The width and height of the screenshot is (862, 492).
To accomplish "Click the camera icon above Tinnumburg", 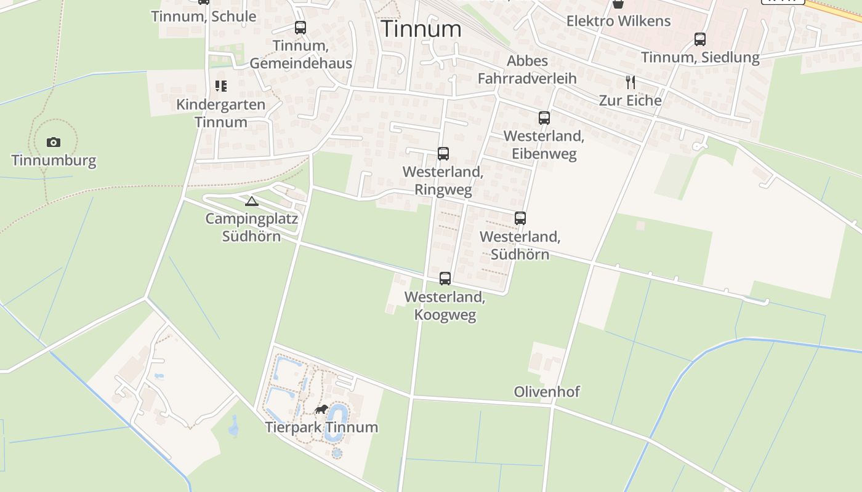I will click(x=54, y=143).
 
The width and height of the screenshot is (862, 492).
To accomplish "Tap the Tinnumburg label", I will click(x=54, y=161).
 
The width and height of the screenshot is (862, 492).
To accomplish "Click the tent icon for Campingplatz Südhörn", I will click(x=251, y=201).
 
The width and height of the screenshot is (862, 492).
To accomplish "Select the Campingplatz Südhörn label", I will click(x=251, y=228).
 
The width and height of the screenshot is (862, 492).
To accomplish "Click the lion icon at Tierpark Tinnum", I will click(x=321, y=410).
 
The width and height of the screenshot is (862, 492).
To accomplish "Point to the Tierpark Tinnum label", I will click(x=321, y=427).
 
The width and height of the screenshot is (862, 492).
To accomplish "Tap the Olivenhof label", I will click(x=547, y=392).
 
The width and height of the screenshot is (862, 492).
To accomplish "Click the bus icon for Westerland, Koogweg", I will click(x=445, y=279).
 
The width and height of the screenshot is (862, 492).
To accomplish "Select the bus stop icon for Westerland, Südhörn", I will click(x=520, y=218).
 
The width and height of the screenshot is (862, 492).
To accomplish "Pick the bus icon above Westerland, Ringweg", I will click(x=443, y=154).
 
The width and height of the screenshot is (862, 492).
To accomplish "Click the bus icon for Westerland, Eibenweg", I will click(x=544, y=118).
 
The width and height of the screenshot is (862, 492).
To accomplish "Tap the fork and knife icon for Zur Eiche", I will click(x=630, y=82).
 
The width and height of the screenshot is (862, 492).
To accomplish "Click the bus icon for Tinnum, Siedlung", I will click(x=700, y=39).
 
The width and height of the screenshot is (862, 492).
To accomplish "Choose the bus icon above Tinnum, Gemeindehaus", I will click(x=300, y=28).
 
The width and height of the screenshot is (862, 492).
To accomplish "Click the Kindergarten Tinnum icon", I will click(x=220, y=86).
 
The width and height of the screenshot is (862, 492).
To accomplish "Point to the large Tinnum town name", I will click(x=421, y=29).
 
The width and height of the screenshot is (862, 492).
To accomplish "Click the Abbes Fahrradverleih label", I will click(x=527, y=69).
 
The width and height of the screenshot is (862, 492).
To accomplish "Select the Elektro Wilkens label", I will click(x=618, y=21).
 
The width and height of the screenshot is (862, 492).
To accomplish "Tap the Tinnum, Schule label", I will click(x=204, y=17).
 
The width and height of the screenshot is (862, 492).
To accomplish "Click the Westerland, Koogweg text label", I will click(x=445, y=306).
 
